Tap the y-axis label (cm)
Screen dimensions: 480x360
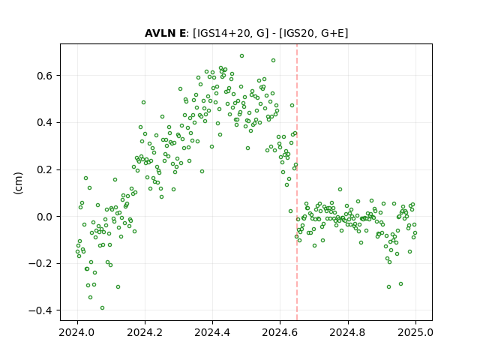(18, 183)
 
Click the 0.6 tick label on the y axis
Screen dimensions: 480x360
(45, 76)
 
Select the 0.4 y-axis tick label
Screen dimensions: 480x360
(45, 123)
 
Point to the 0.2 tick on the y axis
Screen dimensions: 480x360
(45, 169)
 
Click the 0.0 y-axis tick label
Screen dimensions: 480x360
(45, 217)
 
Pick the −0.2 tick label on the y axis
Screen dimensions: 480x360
(40, 263)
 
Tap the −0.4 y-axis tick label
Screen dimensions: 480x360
(40, 310)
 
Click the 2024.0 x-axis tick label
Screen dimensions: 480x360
(77, 332)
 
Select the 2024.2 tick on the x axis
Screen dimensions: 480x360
(145, 332)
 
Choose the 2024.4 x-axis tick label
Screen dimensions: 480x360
(212, 332)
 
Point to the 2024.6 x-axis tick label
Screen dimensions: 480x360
(280, 332)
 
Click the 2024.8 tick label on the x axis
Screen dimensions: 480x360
(348, 332)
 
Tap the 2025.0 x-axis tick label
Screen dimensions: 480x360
(415, 332)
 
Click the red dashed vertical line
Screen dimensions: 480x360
(297, 182)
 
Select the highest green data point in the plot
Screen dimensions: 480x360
(241, 56)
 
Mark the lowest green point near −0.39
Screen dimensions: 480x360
(102, 308)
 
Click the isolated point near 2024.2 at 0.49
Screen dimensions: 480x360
(143, 103)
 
